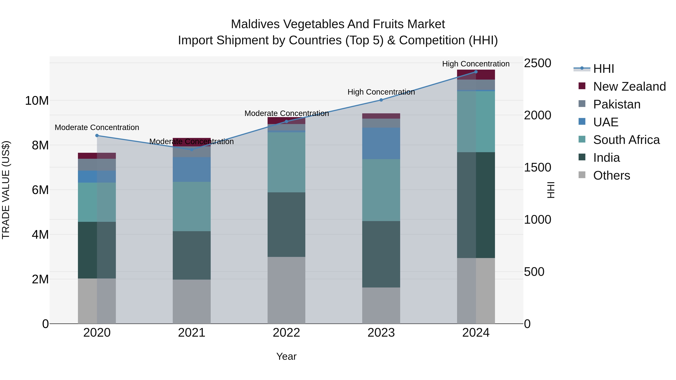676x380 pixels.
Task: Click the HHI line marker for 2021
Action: click(x=192, y=150)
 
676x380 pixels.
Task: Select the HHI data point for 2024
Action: click(x=476, y=72)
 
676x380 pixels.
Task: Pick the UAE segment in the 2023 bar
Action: click(x=381, y=143)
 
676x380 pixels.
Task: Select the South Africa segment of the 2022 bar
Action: click(x=286, y=162)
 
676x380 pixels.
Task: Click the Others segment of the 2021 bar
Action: click(x=192, y=302)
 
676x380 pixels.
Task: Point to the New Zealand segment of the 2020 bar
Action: click(x=97, y=156)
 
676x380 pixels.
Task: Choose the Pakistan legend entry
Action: click(x=617, y=104)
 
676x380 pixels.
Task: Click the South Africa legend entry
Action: click(x=626, y=140)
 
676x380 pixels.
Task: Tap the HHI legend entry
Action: click(x=603, y=69)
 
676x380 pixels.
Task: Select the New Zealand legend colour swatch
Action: click(x=582, y=86)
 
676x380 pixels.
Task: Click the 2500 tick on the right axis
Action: click(x=537, y=63)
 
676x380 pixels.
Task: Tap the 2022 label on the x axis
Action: click(x=286, y=333)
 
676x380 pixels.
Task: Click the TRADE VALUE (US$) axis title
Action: click(x=6, y=190)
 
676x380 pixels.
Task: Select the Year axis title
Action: click(x=286, y=356)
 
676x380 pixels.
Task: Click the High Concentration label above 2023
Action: click(x=381, y=92)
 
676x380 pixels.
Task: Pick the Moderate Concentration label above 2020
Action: click(x=97, y=127)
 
